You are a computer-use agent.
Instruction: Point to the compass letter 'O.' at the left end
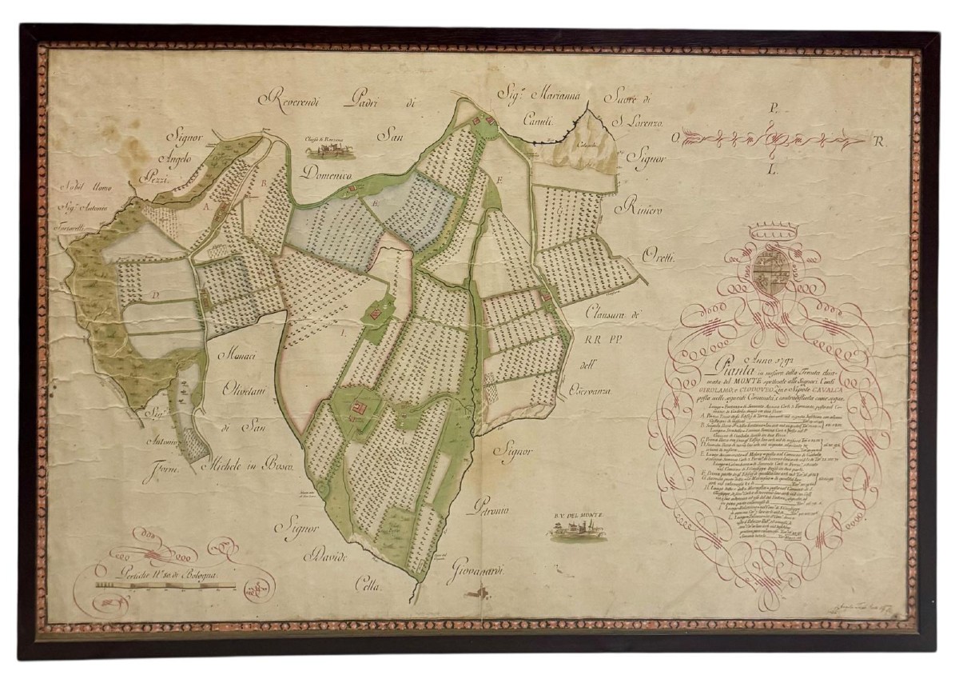tap(674, 138)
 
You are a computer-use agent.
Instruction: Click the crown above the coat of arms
tap(770, 237)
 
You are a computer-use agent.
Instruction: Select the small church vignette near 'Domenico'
tap(331, 149)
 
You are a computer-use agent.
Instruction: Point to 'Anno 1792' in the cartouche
tap(752, 357)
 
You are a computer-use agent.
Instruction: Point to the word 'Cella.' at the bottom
tap(372, 588)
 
